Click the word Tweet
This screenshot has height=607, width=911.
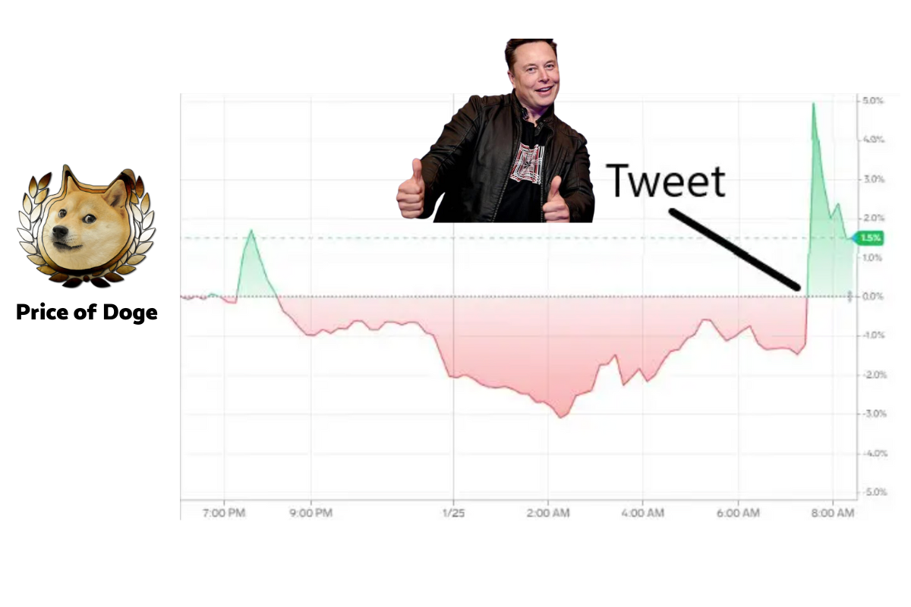(665, 181)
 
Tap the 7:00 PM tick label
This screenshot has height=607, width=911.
(224, 513)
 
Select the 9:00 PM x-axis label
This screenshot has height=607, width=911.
(311, 513)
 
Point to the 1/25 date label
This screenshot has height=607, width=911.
(453, 513)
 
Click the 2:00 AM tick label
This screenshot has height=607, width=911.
(548, 513)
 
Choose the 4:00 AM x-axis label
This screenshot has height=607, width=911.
(643, 513)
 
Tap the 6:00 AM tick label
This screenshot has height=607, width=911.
(738, 513)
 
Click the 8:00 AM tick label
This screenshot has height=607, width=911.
(833, 513)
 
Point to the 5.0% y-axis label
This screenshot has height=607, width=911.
(873, 100)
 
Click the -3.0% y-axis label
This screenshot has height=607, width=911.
(874, 414)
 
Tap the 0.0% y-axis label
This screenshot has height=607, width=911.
(873, 297)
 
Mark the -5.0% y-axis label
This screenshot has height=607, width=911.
(874, 492)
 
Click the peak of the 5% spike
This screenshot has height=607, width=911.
(813, 103)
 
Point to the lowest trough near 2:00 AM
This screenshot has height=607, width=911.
(561, 417)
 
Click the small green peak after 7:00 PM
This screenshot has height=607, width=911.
(251, 231)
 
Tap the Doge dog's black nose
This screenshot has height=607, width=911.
(61, 231)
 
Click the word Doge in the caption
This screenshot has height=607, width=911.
(130, 313)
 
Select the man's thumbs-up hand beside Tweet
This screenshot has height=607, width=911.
(556, 200)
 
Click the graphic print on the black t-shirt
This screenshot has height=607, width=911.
(528, 164)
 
